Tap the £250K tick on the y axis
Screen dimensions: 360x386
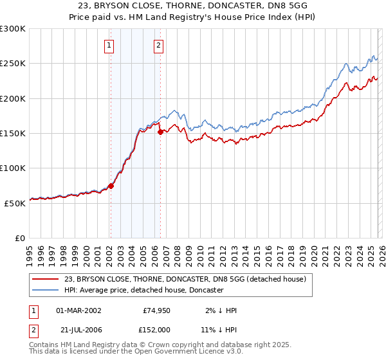pos(13,64)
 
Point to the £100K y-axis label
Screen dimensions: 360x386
pos(13,168)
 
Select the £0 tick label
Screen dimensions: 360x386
pos(19,238)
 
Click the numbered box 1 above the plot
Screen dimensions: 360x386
pos(109,46)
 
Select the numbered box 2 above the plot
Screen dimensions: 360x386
pos(158,46)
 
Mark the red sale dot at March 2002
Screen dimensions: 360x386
pos(111,186)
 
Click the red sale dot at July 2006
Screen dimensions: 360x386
pos(160,132)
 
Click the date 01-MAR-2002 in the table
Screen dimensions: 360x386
pos(78,310)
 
